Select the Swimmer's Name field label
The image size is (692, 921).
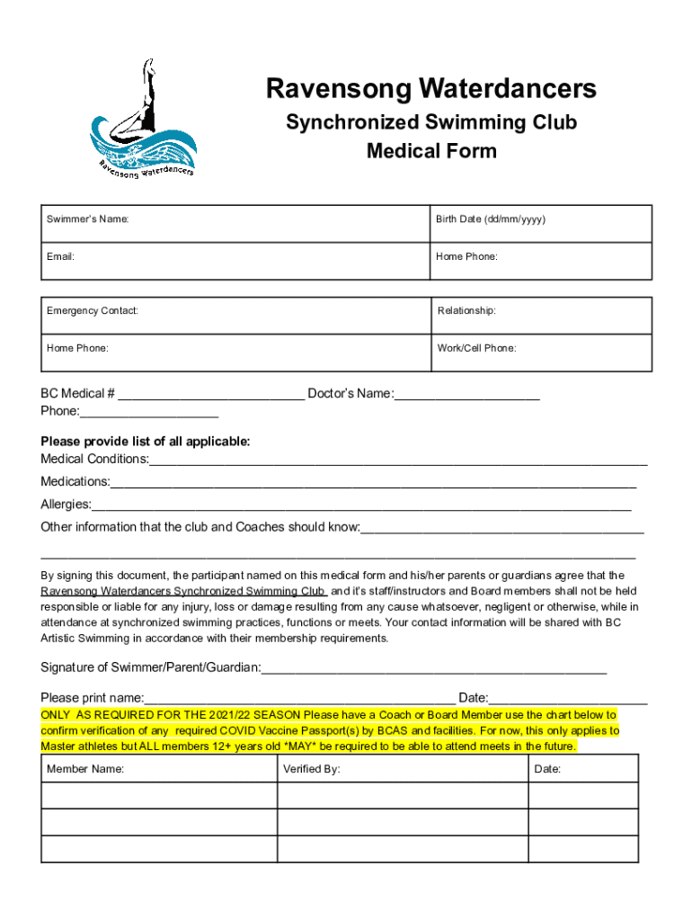coord(87,220)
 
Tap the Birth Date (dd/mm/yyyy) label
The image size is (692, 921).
coord(491,220)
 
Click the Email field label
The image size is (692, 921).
coord(60,257)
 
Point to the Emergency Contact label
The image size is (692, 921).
coord(93,311)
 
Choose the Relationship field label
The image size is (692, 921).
coord(466,311)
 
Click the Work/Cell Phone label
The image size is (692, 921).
coord(476,348)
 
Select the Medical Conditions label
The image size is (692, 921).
coord(94,460)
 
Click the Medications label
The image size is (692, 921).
coord(75,482)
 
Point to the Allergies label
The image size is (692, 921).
coord(66,505)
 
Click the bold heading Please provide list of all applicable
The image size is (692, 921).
coord(146,442)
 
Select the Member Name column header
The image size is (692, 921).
coord(85,770)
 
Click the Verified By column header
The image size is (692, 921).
coord(311,770)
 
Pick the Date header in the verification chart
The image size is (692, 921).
coord(547,770)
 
